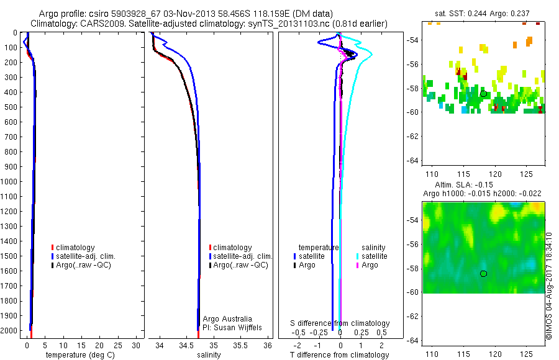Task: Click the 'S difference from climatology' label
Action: [x=340, y=323]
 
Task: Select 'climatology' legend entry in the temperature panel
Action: [x=75, y=248]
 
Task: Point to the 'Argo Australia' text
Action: [x=227, y=319]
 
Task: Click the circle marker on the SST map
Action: [x=483, y=94]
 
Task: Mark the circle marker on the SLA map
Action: [x=483, y=274]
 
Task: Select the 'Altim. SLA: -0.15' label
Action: [x=465, y=185]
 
